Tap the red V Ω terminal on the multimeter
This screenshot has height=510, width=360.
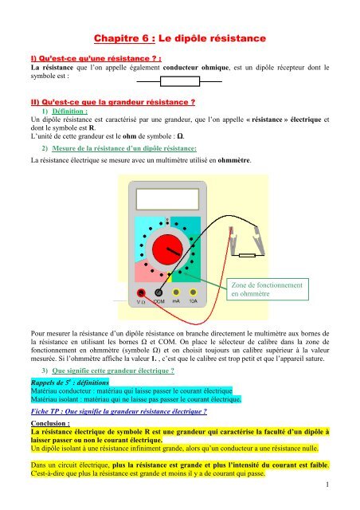click(x=142, y=291)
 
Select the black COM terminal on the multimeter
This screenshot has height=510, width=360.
click(x=158, y=291)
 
